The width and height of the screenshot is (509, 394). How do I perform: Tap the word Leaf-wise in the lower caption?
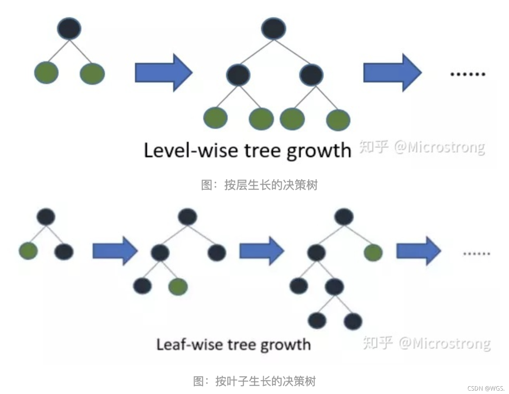[190, 345]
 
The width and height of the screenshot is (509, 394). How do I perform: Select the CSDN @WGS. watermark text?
[485, 388]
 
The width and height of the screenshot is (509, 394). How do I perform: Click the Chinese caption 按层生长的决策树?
[271, 185]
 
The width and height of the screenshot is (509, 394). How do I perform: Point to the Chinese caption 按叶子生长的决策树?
[265, 381]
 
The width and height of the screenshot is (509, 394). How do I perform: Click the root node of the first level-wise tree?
[69, 28]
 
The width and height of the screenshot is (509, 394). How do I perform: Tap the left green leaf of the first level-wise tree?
[46, 73]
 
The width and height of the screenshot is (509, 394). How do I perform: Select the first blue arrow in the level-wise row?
[163, 73]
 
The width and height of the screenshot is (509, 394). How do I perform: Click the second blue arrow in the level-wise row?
[392, 73]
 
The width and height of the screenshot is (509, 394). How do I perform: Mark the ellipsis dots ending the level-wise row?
[468, 74]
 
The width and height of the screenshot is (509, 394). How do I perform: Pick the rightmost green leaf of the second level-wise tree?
[338, 120]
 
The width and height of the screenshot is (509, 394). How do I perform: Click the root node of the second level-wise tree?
[273, 28]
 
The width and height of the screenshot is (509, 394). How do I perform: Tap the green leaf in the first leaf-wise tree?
[28, 251]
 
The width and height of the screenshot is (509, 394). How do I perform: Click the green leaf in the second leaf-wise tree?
[178, 286]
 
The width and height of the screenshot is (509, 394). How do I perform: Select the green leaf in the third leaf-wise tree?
[373, 252]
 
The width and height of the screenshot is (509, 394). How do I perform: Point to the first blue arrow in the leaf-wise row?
[115, 251]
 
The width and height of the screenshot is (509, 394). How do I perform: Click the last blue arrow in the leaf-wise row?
[418, 251]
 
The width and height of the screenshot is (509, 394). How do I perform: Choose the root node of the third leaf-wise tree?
[344, 217]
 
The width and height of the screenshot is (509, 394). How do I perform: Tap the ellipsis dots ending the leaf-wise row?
[476, 254]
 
